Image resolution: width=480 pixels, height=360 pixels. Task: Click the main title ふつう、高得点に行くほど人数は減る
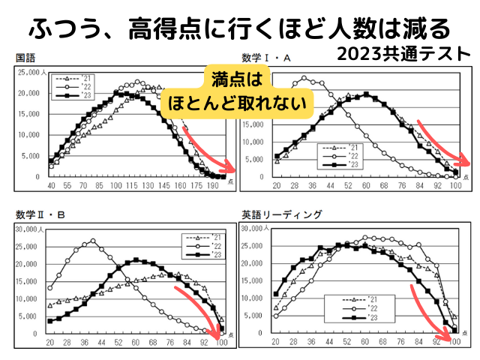[x=240, y=28]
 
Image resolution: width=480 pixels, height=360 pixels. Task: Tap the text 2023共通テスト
[x=404, y=54]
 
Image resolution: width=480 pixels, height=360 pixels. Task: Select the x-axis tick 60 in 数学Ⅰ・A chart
[x=366, y=186]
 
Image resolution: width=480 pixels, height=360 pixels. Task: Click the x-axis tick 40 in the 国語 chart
[x=52, y=185]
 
